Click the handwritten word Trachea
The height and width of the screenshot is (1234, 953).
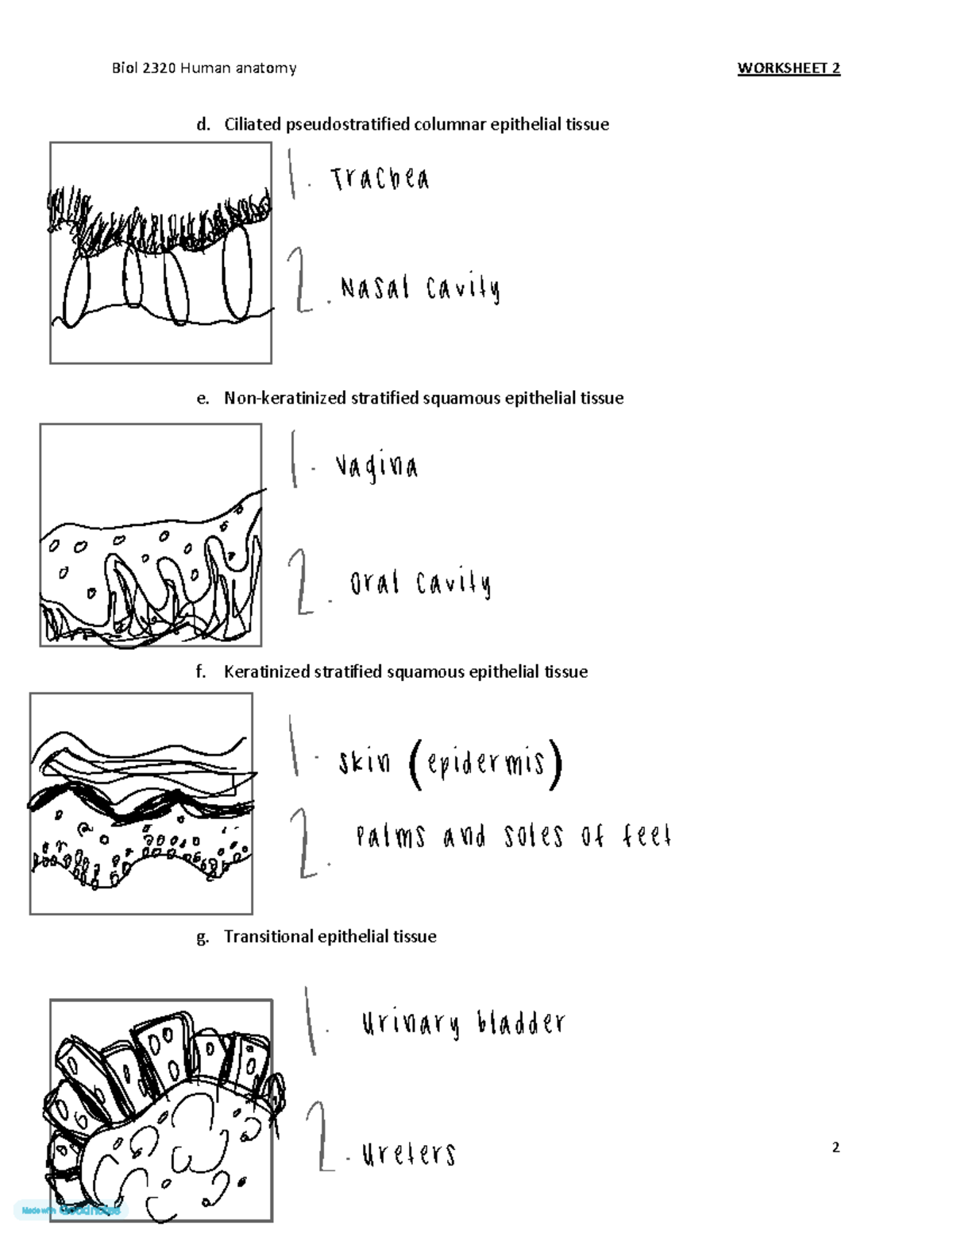pos(380,179)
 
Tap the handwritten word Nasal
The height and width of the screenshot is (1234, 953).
pos(375,288)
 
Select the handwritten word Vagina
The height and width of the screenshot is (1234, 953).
pos(376,466)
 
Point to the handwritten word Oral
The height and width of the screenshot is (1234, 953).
pos(374,584)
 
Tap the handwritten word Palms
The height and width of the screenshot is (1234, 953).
pos(391,837)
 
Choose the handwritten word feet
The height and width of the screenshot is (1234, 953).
pos(646,836)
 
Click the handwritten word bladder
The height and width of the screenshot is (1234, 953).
pos(521,1023)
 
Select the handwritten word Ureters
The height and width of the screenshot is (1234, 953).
pos(409,1154)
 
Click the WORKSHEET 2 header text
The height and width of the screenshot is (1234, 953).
pos(789,68)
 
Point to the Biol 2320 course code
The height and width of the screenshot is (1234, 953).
pos(144,68)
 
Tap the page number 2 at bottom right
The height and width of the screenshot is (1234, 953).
pos(835,1147)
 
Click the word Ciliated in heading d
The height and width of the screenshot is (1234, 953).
pos(253,124)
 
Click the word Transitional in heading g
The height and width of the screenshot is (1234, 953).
pos(268,937)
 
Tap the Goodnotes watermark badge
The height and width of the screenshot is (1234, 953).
pos(71,1210)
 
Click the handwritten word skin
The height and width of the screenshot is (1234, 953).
pos(365,763)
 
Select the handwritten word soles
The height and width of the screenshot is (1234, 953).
pos(533,837)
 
